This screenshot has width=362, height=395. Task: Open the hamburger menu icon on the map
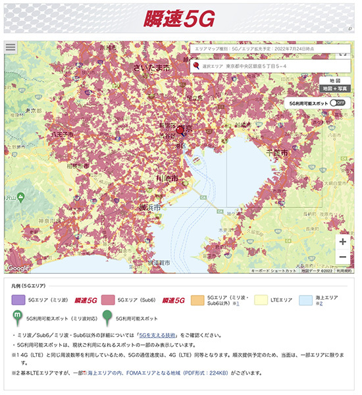coord(10,47)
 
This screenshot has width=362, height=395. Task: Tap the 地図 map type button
coord(334,79)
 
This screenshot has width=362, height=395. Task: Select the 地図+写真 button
coord(334,88)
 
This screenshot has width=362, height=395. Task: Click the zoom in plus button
coord(342,241)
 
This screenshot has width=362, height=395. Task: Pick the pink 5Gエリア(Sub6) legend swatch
coord(108,300)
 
